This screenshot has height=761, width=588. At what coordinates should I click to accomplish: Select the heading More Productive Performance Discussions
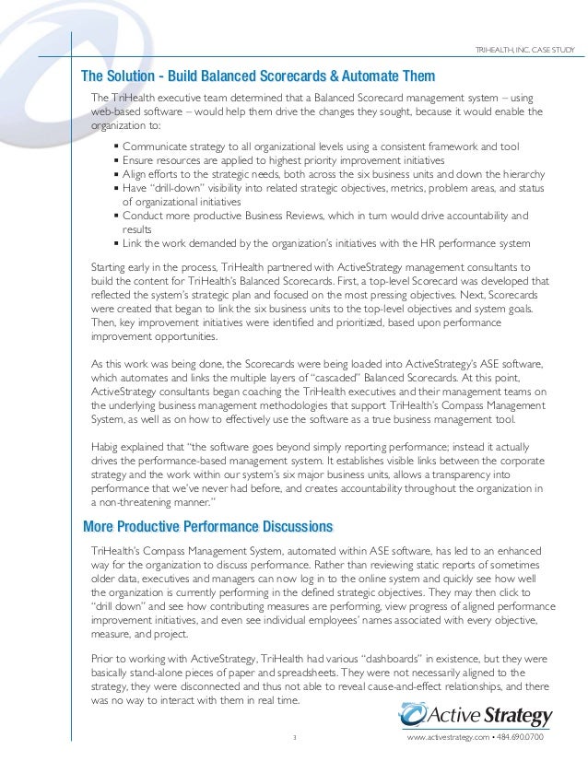click(x=207, y=527)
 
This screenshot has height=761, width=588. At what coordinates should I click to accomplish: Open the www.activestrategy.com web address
click(x=446, y=739)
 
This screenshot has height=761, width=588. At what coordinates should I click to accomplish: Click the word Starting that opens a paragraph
click(x=109, y=265)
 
